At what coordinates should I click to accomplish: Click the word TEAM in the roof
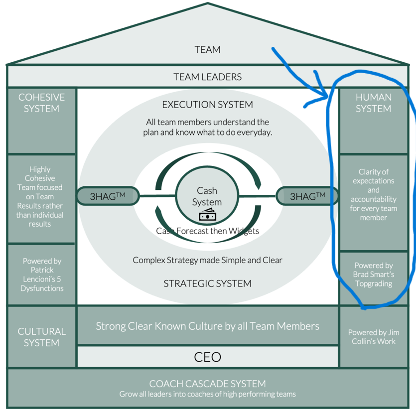(x=207, y=49)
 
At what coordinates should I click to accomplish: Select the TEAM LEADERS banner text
(x=207, y=77)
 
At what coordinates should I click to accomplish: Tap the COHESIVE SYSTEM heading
(x=41, y=103)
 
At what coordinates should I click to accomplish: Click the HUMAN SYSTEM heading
(x=373, y=103)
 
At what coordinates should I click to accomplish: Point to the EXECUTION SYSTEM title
(x=207, y=105)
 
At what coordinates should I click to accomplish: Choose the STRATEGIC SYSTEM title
(x=207, y=283)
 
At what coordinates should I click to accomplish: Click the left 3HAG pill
(x=108, y=196)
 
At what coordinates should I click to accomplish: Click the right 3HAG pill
(x=307, y=196)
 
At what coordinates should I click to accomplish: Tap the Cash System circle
(x=207, y=196)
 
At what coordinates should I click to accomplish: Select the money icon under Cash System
(x=207, y=216)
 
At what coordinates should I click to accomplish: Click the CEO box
(x=207, y=357)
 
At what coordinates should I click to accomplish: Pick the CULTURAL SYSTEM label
(x=41, y=337)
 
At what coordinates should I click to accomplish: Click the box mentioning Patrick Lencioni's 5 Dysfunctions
(x=41, y=275)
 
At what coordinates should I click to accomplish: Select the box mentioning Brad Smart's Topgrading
(x=373, y=275)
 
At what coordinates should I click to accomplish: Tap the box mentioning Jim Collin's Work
(x=373, y=337)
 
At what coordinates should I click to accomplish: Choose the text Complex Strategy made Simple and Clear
(x=207, y=260)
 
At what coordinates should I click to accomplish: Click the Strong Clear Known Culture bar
(x=207, y=326)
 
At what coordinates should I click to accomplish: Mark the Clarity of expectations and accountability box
(x=373, y=194)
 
